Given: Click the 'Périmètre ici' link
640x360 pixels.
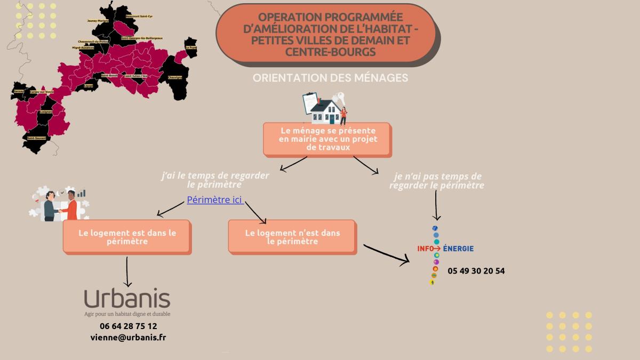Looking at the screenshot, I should (214, 200).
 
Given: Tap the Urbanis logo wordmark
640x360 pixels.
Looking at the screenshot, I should (127, 299).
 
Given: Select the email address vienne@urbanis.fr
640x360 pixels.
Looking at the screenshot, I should (128, 338).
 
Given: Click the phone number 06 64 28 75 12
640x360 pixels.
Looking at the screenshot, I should (128, 326).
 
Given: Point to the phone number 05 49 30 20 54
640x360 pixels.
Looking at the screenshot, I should (476, 271).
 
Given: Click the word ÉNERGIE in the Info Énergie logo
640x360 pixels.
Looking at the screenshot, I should (458, 249).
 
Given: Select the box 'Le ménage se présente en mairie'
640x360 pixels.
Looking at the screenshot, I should (327, 139).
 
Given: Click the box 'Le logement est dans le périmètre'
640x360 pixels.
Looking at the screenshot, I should (127, 237).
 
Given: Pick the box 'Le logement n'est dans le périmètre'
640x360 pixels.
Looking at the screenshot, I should (292, 237).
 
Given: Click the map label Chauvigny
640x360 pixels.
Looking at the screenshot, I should (175, 77).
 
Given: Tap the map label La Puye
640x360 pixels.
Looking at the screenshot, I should (191, 47).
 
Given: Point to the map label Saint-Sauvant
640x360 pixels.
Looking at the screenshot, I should (36, 138).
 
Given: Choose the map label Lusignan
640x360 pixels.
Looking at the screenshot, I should (45, 112).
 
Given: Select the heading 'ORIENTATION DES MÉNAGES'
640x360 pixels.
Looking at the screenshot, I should (330, 78).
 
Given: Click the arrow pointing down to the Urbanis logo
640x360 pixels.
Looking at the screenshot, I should (127, 272).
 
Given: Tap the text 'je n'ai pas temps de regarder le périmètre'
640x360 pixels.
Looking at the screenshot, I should (436, 181).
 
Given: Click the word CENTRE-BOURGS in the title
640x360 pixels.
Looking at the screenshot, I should (330, 52).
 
